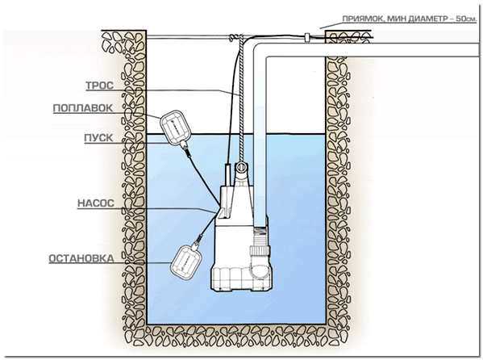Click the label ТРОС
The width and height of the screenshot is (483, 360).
click(99, 86)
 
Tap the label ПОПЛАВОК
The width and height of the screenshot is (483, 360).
click(83, 108)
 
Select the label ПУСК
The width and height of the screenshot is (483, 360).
click(98, 137)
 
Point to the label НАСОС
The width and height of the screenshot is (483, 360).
click(96, 203)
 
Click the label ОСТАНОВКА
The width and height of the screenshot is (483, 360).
click(81, 258)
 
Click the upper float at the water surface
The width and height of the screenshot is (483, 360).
click(176, 127)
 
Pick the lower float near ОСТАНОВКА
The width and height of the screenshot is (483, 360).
click(187, 262)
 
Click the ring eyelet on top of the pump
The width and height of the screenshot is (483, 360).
click(241, 168)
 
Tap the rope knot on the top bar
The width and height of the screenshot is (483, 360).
click(236, 38)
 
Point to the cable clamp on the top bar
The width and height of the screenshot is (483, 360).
click(307, 37)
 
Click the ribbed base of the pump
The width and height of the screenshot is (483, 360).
click(240, 278)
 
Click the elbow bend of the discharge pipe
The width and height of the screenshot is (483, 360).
click(260, 51)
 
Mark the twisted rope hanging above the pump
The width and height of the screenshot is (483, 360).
click(241, 98)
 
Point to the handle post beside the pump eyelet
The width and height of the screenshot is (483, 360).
click(227, 175)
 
